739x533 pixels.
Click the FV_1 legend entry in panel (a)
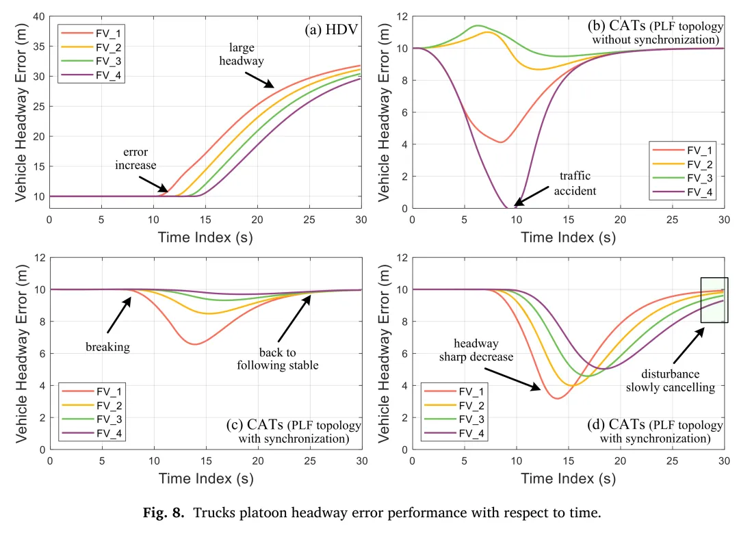pos(103,32)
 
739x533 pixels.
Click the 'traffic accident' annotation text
pos(575,183)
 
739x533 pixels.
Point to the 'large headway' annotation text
pos(242,55)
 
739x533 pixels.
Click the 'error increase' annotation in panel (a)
pos(136,159)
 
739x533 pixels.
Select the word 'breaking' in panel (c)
pos(107,347)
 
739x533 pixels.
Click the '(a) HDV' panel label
pos(333,29)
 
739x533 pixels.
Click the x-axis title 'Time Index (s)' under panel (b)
pos(568,237)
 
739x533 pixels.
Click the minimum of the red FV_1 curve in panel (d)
pos(558,398)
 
